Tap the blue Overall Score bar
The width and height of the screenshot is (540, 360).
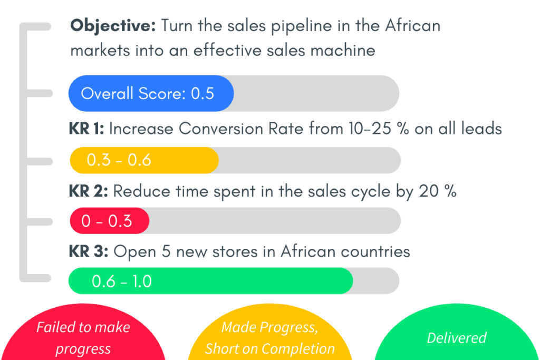click(x=151, y=93)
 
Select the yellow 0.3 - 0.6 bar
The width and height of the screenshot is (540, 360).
click(x=144, y=160)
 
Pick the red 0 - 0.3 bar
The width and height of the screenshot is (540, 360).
click(x=110, y=221)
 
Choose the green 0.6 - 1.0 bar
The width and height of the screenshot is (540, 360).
click(x=211, y=281)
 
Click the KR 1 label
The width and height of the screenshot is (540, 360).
click(x=86, y=129)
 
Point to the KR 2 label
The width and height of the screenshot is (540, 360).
click(x=88, y=191)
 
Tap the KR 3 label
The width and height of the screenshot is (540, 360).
click(x=89, y=251)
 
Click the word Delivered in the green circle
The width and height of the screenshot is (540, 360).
click(x=457, y=338)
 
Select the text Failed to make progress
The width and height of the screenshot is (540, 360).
click(x=83, y=338)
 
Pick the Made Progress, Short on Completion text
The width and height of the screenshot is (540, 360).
click(x=270, y=338)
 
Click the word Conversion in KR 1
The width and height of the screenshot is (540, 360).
click(x=221, y=129)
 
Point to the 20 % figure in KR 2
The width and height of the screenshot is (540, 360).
click(x=438, y=191)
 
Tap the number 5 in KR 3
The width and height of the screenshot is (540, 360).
click(x=166, y=251)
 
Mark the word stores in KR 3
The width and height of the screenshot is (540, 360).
click(x=235, y=251)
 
